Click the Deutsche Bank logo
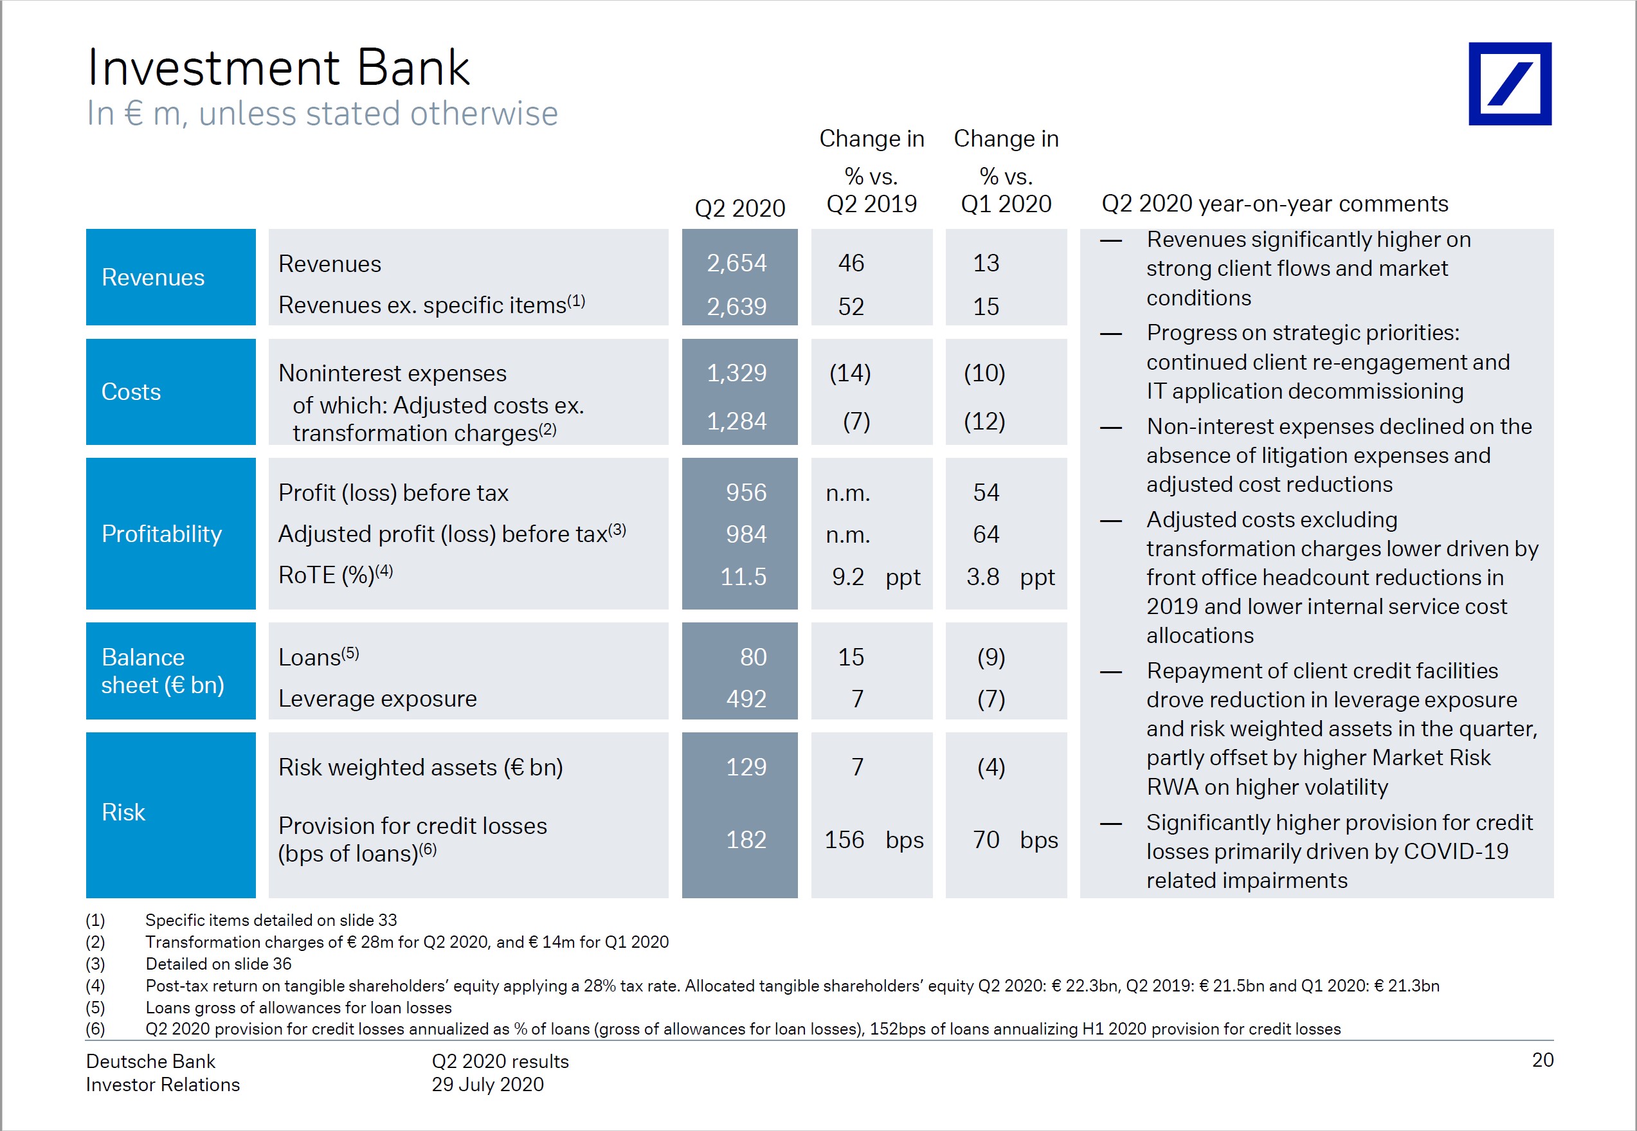coord(1510,84)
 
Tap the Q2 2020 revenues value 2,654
coord(736,263)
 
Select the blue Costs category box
coord(170,392)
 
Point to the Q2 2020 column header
coord(739,208)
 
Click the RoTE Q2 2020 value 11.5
coord(743,576)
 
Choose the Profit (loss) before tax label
coord(393,493)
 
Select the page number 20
coord(1542,1060)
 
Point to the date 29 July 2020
coord(487,1084)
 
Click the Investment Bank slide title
coord(278,68)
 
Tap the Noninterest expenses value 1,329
coord(736,373)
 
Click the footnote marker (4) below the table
coord(95,986)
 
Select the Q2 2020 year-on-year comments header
coord(1274,204)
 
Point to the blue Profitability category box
coord(170,534)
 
